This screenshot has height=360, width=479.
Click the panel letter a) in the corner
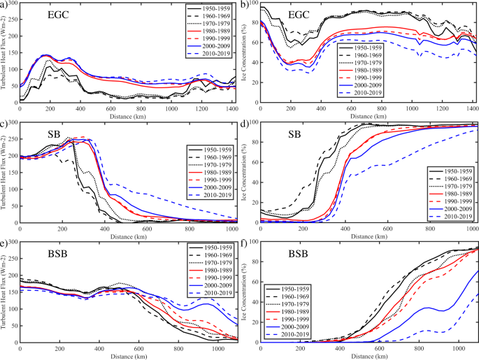6,5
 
